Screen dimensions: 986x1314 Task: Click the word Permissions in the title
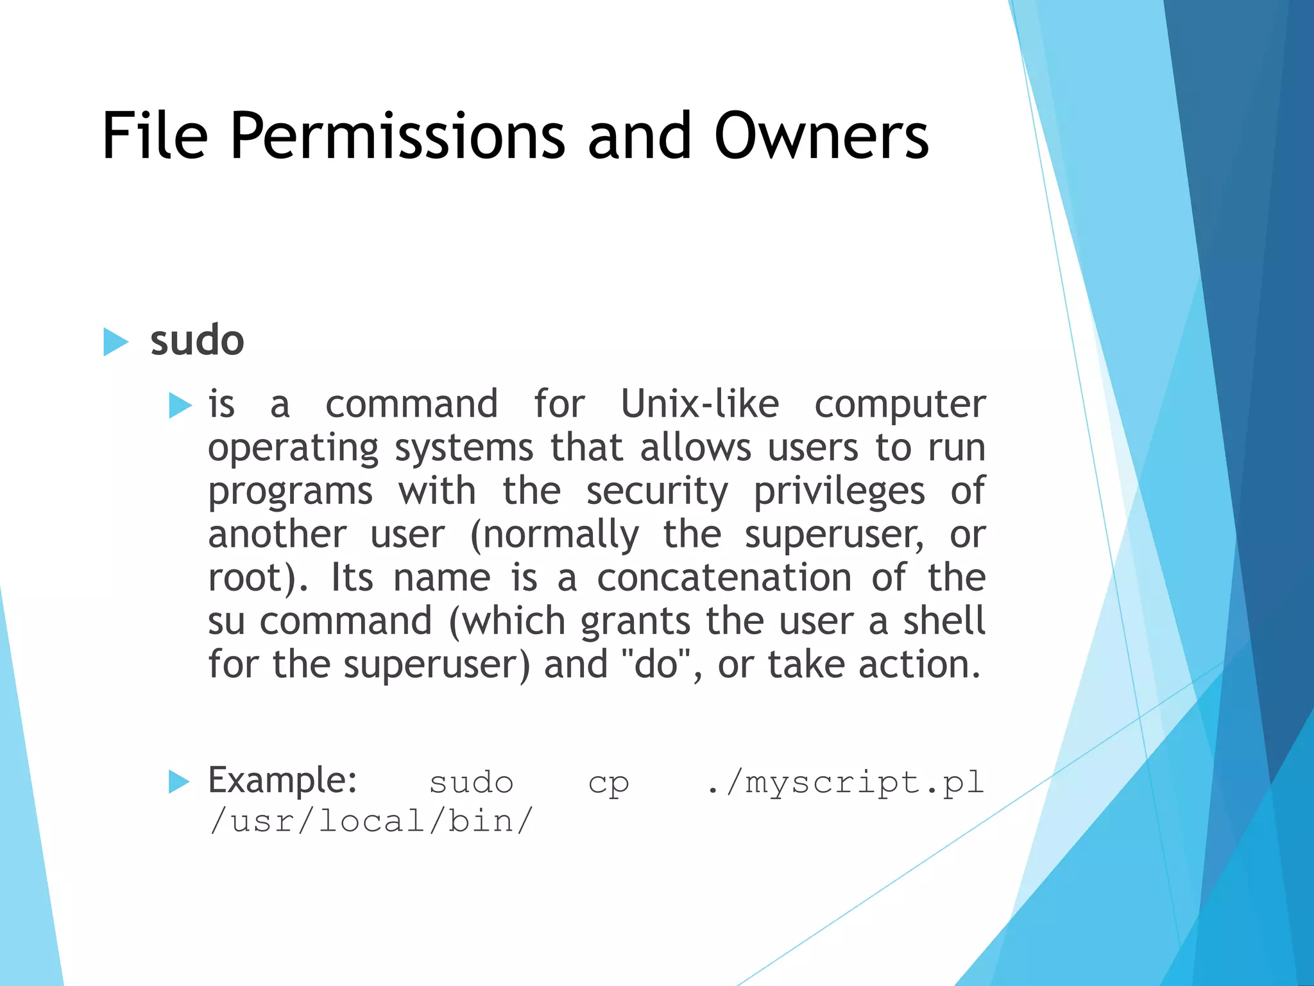tap(397, 136)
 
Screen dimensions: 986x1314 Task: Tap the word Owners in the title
tap(821, 136)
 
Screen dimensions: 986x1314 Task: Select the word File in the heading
tap(155, 136)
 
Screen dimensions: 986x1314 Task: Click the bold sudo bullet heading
tap(197, 340)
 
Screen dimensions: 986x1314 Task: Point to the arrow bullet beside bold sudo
tap(115, 342)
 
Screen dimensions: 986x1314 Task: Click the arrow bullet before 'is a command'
tap(180, 406)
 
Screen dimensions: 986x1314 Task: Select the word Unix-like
tap(699, 404)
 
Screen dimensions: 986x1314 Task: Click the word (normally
tap(554, 535)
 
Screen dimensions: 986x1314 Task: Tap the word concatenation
tap(724, 578)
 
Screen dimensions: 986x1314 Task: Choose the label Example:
tap(282, 781)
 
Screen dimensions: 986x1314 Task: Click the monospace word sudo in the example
tap(472, 783)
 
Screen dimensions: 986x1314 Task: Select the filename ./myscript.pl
tap(845, 783)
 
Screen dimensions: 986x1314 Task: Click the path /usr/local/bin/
tap(371, 822)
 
